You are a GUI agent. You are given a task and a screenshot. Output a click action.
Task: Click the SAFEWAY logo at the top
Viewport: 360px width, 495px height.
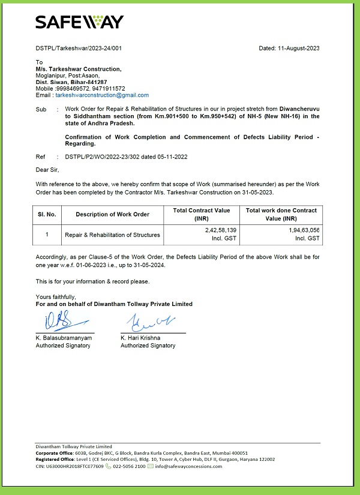point(79,22)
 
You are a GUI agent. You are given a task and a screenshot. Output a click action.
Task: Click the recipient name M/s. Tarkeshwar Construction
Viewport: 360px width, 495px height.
point(78,69)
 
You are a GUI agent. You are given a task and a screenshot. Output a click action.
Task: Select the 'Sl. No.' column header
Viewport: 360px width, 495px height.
point(47,214)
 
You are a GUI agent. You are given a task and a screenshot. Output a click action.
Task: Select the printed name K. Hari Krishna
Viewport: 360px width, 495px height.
point(142,338)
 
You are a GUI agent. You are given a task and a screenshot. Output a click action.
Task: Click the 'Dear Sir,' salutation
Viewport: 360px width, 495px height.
point(48,170)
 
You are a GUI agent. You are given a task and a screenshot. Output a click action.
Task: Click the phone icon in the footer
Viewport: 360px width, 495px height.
point(109,466)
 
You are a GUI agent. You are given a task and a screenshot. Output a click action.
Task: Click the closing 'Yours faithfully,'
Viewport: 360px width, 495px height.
point(56,297)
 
